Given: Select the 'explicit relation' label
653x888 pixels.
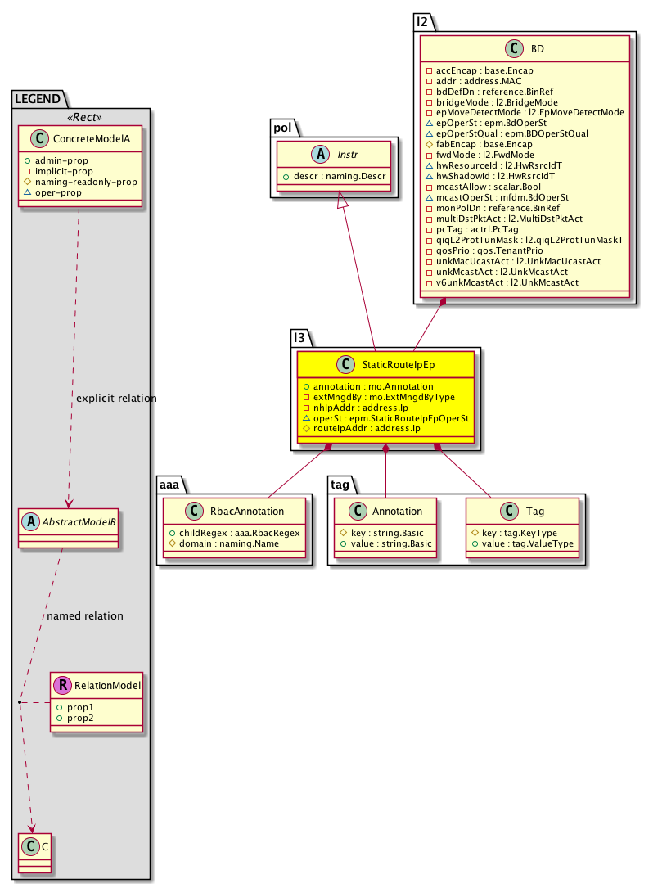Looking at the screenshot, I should click(x=115, y=399).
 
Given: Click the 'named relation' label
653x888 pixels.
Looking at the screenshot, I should click(x=85, y=615).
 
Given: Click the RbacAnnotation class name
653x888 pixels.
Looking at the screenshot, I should click(x=247, y=512).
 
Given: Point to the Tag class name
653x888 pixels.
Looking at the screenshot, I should click(x=535, y=512).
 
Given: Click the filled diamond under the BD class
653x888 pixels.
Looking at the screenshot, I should click(x=443, y=304).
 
